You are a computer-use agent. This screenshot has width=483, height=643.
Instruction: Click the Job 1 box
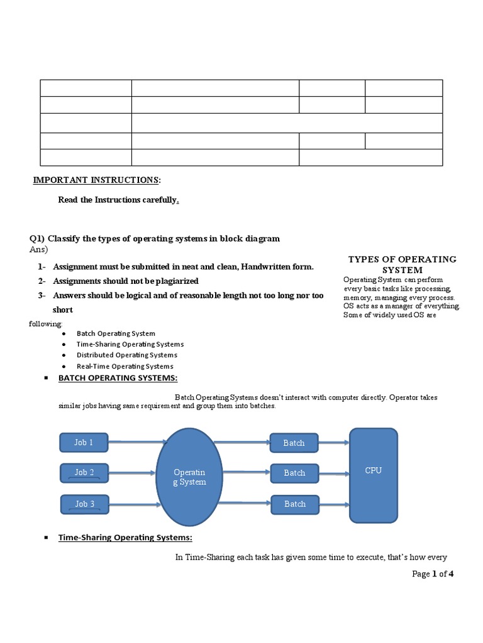pyautogui.click(x=84, y=443)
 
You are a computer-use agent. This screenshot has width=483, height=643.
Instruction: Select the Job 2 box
pyautogui.click(x=84, y=473)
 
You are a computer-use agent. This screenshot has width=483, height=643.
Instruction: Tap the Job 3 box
pyautogui.click(x=84, y=504)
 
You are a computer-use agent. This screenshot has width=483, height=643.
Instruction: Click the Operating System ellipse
pyautogui.click(x=189, y=477)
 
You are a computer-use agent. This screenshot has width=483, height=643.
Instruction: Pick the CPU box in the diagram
pyautogui.click(x=374, y=475)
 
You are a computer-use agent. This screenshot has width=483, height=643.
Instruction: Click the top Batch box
pyautogui.click(x=294, y=443)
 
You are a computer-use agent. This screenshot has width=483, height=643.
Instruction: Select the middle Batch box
pyautogui.click(x=294, y=473)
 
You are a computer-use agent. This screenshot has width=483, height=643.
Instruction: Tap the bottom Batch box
pyautogui.click(x=294, y=504)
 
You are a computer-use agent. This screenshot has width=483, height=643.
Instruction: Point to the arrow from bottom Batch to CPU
pyautogui.click(x=334, y=504)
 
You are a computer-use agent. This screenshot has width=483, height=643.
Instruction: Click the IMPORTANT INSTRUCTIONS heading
pyautogui.click(x=96, y=181)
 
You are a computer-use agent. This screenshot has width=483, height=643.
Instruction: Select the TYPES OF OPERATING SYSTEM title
pyautogui.click(x=402, y=264)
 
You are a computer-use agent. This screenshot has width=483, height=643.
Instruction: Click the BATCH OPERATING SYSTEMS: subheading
pyautogui.click(x=118, y=378)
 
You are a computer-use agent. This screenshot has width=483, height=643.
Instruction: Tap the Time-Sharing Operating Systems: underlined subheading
pyautogui.click(x=125, y=538)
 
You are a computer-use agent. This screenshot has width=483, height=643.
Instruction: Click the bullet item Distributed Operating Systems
pyautogui.click(x=127, y=355)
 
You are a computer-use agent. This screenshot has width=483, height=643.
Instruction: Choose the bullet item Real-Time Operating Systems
pyautogui.click(x=125, y=366)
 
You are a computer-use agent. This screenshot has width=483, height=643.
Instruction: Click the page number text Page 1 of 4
pyautogui.click(x=433, y=573)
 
